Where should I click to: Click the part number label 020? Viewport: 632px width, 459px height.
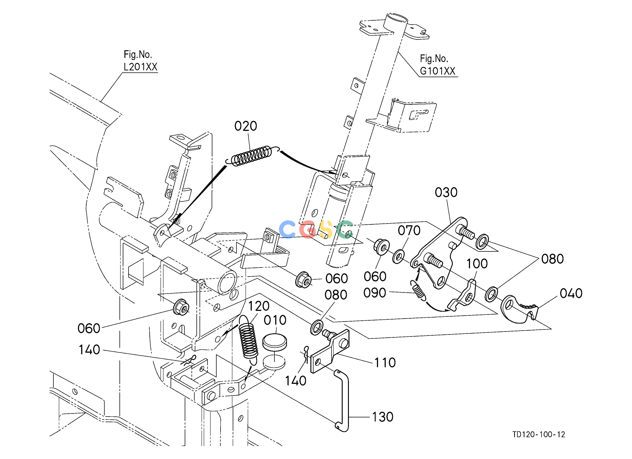point(246,126)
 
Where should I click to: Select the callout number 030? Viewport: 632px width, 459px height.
point(446,193)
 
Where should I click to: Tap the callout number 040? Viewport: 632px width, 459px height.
point(571,293)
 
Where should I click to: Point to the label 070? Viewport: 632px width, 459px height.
point(409,230)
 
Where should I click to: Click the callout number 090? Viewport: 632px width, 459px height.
point(375,293)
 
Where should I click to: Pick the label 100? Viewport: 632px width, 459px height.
point(477,264)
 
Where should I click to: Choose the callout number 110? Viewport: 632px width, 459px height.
point(385,363)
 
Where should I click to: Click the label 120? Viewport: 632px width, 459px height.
point(259,306)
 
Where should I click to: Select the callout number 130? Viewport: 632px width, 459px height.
point(383,417)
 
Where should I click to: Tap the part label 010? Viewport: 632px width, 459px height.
point(275,320)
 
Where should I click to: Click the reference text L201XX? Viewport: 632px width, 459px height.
point(141,67)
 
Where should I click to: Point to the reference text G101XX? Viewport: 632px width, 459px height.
point(438,71)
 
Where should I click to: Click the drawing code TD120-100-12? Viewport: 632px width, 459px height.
point(539,434)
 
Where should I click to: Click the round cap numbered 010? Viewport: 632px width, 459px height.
point(275,342)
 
